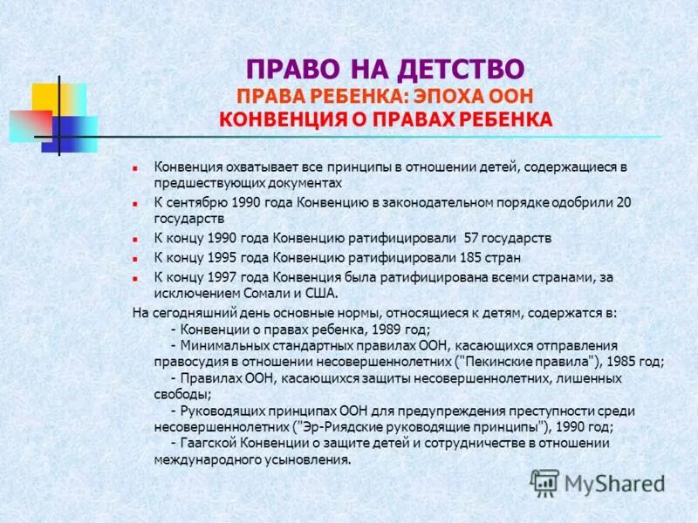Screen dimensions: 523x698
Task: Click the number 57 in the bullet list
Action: [x=472, y=237]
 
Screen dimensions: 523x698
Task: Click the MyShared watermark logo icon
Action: [x=544, y=482]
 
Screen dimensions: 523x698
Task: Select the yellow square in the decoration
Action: [x=48, y=97]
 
